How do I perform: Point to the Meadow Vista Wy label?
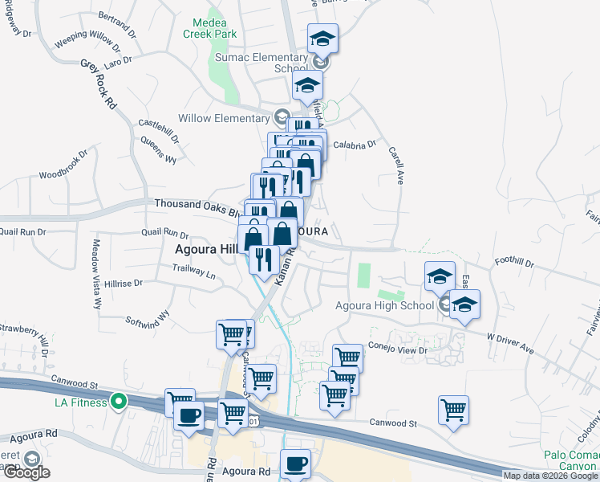point(95,274)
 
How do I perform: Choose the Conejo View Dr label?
point(400,350)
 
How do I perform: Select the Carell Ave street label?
point(395,165)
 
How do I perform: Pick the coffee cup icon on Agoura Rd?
point(295,464)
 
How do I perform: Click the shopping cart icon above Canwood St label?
point(453,409)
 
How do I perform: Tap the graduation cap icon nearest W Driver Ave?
point(464,305)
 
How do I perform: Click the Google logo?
point(26,472)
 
